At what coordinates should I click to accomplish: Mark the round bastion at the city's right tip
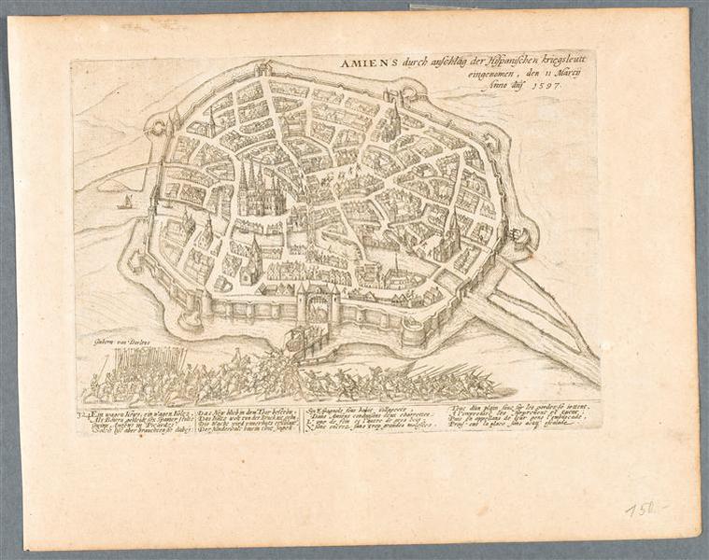(x=524, y=233)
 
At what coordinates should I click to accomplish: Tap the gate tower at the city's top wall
(x=264, y=68)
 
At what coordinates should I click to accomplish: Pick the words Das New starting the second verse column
(x=214, y=408)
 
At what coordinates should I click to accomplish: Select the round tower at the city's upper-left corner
(x=175, y=119)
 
